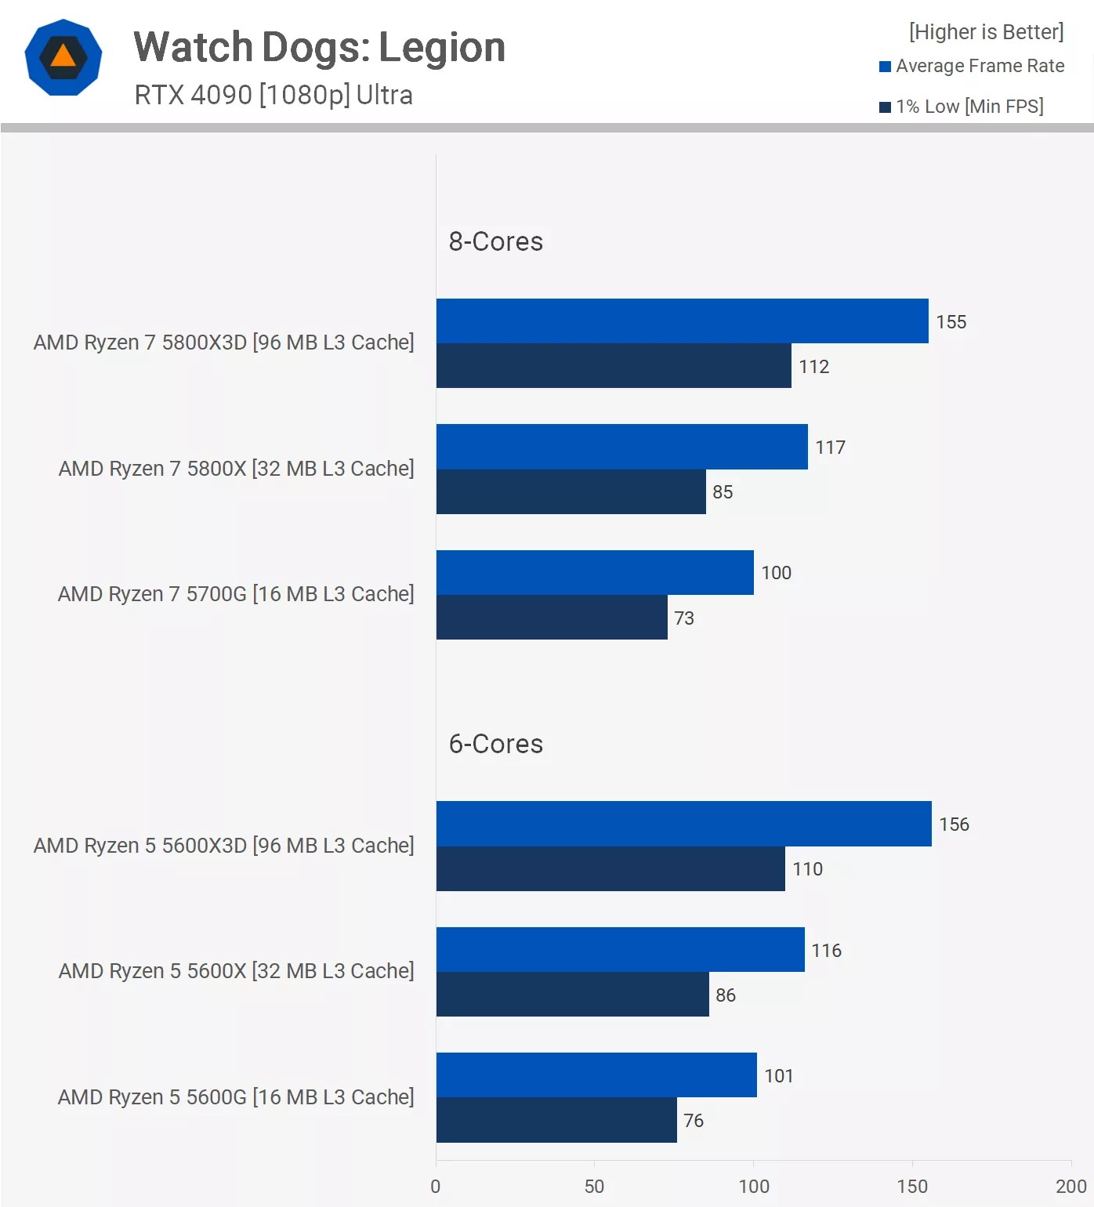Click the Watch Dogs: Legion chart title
pyautogui.click(x=319, y=47)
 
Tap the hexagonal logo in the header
pyautogui.click(x=63, y=57)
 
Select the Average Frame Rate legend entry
pyautogui.click(x=971, y=66)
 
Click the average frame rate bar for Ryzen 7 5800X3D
pyautogui.click(x=682, y=321)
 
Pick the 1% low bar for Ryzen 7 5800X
pyautogui.click(x=571, y=492)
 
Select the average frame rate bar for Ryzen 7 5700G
pyautogui.click(x=595, y=573)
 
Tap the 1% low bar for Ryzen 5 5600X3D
pyautogui.click(x=610, y=869)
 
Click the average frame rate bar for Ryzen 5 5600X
pyautogui.click(x=620, y=950)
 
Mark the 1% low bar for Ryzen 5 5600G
pyautogui.click(x=556, y=1120)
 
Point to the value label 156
pyautogui.click(x=954, y=825)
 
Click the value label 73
pyautogui.click(x=684, y=618)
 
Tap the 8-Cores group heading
pyautogui.click(x=495, y=241)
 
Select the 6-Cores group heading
pyautogui.click(x=495, y=744)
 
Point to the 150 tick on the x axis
pyautogui.click(x=912, y=1186)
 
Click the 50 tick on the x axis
pyautogui.click(x=594, y=1186)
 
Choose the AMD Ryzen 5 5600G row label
pyautogui.click(x=235, y=1097)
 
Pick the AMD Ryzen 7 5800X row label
pyautogui.click(x=235, y=469)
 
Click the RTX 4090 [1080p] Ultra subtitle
pyautogui.click(x=273, y=95)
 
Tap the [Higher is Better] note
pyautogui.click(x=986, y=32)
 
